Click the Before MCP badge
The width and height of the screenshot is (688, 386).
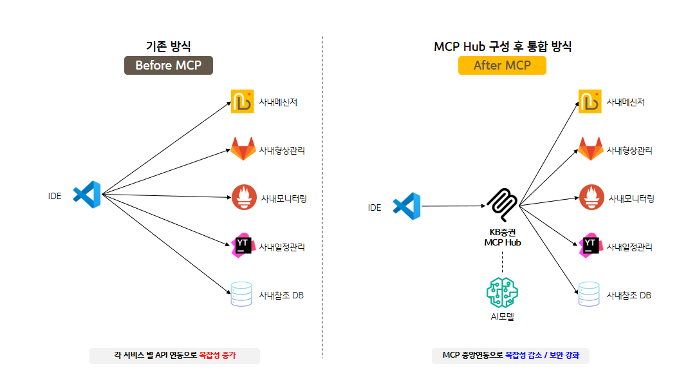coord(168,65)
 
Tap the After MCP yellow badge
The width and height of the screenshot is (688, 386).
coord(502,65)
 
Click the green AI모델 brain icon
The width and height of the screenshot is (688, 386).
coord(502,291)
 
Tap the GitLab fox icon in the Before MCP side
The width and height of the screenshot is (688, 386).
coord(243,149)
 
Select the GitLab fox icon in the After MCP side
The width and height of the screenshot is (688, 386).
coord(590,149)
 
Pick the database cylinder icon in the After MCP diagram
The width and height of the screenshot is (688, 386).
coord(590,294)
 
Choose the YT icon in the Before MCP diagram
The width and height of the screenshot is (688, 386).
coord(243,246)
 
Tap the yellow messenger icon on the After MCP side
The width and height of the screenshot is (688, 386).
coord(590,102)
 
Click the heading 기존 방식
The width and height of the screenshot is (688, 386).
coord(169,46)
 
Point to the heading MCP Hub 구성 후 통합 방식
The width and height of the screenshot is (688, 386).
coord(503,46)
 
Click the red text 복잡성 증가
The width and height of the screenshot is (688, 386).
coord(218,356)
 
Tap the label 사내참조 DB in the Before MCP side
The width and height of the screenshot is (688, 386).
coord(281,296)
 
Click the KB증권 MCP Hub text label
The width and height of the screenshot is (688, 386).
coord(503,238)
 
